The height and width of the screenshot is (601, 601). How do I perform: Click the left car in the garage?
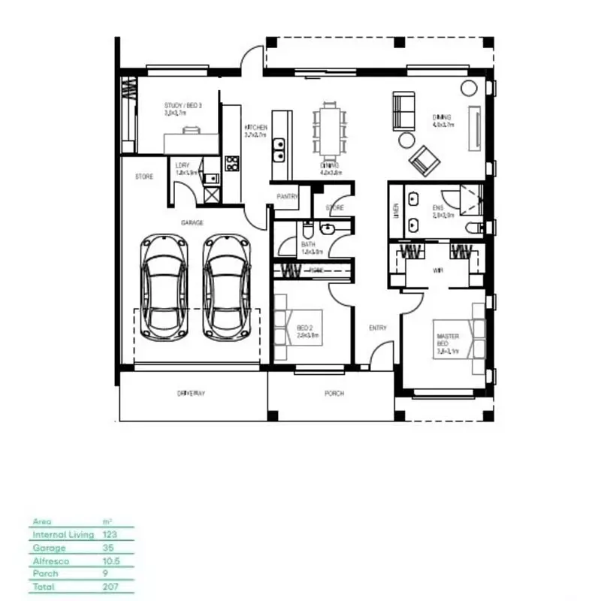coord(165,287)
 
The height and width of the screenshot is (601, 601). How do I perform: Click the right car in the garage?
coord(226,287)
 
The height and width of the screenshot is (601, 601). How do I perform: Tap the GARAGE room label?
coord(192,223)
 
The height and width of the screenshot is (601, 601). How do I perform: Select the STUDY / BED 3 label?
coord(183,106)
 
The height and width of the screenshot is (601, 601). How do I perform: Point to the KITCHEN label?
coord(255,128)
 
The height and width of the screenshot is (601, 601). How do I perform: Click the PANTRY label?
coord(288,196)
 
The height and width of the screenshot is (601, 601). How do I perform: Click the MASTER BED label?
coord(447,341)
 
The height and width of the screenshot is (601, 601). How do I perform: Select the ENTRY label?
coord(377,328)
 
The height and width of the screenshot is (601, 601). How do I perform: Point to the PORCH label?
coord(334,393)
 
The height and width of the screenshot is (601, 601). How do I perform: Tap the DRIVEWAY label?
coord(191,393)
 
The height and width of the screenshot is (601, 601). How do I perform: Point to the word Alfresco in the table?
coord(50,560)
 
